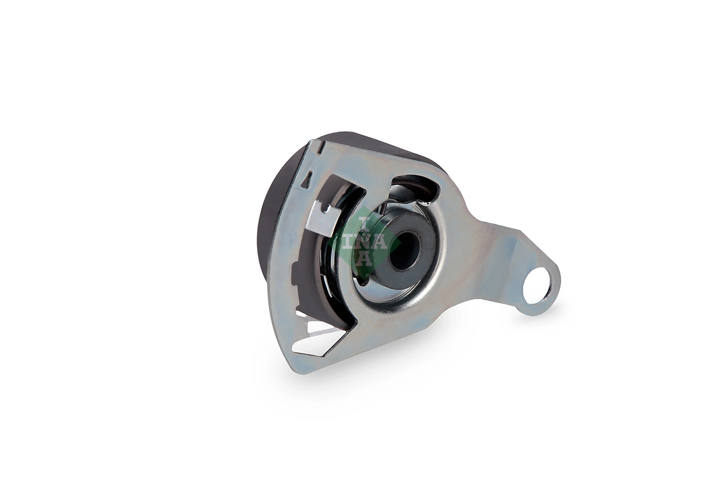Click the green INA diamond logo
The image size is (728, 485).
(366, 242)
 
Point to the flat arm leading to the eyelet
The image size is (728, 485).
(497, 251)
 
